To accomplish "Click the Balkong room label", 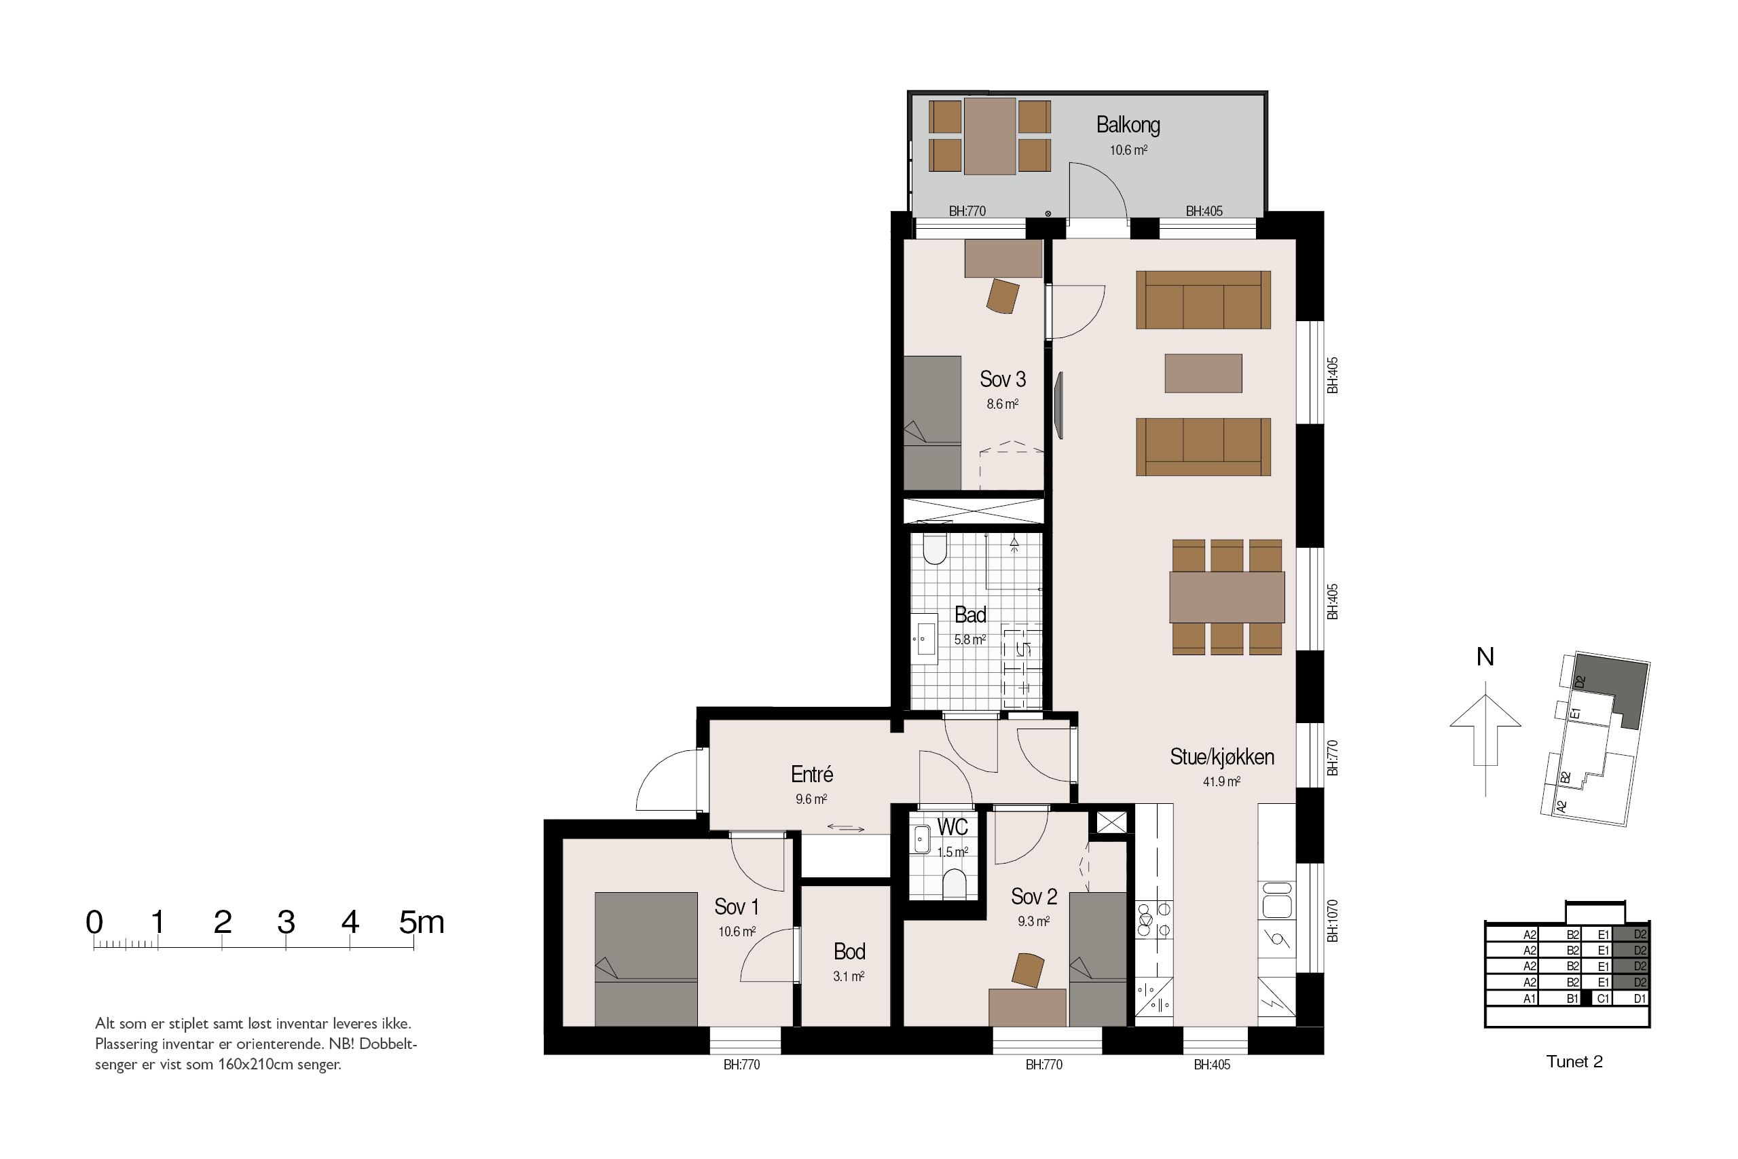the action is point(1128,125).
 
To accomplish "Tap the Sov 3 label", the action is point(1003,379).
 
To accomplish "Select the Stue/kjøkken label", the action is point(1222,757).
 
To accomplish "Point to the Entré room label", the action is point(811,774).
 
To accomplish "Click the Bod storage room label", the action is point(849,951).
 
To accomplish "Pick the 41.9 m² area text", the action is point(1221,782).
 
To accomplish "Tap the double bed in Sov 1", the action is point(646,959).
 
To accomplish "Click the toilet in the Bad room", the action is point(935,549).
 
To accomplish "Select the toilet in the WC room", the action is point(955,884).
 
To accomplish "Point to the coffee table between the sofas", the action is point(1203,373).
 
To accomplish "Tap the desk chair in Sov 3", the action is point(1003,297).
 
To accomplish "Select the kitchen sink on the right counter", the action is point(1277,900).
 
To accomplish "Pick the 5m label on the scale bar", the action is point(421,922).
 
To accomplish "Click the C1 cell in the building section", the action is point(1603,999).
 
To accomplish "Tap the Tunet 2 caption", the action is point(1574,1061).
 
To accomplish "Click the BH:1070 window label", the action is point(1332,920).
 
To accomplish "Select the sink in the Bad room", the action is point(925,639).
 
